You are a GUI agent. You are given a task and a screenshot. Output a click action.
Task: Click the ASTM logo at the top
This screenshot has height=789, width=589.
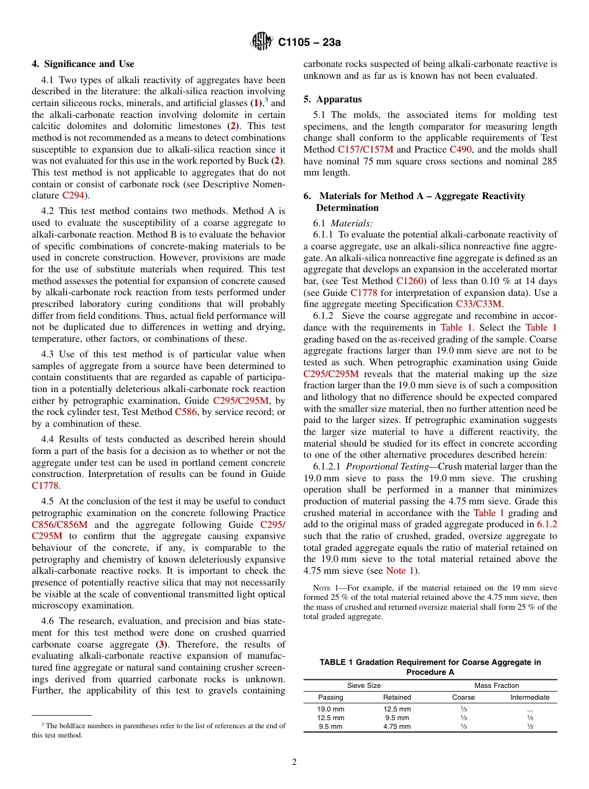(261, 42)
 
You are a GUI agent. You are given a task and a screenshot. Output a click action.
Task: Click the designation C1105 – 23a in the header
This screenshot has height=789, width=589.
(309, 43)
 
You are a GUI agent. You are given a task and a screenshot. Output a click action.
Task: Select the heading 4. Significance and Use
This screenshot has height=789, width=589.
(83, 64)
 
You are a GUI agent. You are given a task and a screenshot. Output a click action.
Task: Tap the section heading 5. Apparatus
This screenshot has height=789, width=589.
(333, 99)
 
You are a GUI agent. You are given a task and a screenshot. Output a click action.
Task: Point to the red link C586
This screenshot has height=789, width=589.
(186, 412)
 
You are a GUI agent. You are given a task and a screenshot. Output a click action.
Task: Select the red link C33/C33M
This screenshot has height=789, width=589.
(479, 304)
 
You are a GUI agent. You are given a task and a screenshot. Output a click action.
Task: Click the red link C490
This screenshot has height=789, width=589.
(461, 149)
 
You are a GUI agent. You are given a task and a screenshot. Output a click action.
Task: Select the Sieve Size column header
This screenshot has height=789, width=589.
(364, 685)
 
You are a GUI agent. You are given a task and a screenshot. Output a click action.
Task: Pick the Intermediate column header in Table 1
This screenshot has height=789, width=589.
(529, 697)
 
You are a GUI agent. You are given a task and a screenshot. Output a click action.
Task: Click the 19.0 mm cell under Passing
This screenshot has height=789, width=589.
(330, 709)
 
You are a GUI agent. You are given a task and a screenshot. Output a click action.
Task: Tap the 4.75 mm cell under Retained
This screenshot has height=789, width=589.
(397, 726)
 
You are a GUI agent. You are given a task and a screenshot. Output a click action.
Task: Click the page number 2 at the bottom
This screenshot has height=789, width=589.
(294, 762)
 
